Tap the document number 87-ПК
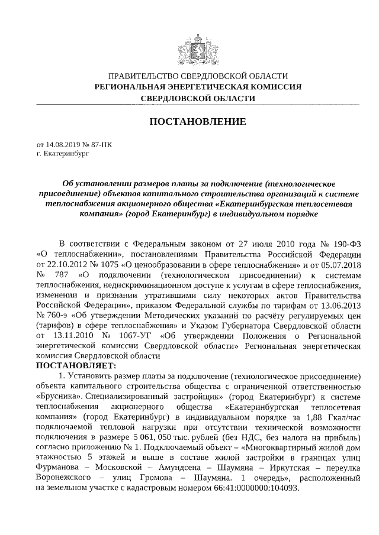tap(100, 144)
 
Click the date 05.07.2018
tap(338, 264)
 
